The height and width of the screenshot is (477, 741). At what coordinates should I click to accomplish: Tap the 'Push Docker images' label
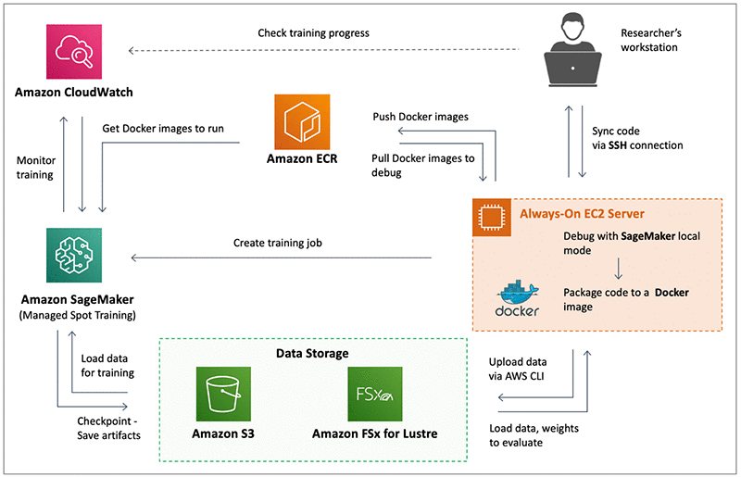coord(421,117)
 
